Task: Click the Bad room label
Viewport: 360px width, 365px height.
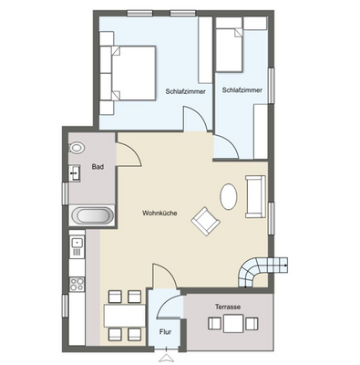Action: pos(97,168)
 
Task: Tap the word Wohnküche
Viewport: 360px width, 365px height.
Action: pos(159,214)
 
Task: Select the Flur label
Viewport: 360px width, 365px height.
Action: pos(166,333)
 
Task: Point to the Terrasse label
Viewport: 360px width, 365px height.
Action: pos(227,308)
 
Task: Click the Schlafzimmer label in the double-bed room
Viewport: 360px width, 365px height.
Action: pos(185,91)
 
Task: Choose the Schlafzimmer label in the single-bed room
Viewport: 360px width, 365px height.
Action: pos(242,91)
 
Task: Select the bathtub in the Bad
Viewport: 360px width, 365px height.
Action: pos(92,217)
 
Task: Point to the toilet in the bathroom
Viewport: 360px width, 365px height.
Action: pos(77,146)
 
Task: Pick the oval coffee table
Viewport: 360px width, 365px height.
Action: pos(227,196)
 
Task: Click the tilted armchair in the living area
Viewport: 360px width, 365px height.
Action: pos(205,220)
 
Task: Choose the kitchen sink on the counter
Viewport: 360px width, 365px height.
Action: pos(77,244)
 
